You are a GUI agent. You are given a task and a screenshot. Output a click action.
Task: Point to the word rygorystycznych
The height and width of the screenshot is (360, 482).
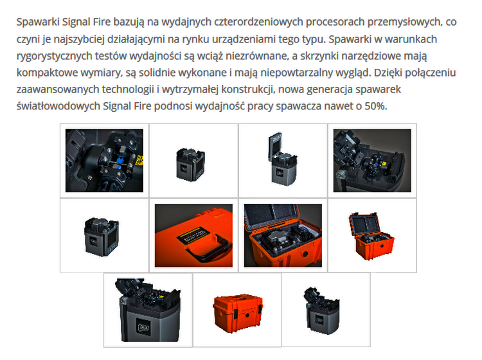click(55, 56)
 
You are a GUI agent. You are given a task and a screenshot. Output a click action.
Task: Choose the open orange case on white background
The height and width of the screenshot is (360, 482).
click(371, 236)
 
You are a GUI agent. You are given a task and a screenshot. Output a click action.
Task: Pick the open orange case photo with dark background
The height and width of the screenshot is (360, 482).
click(283, 235)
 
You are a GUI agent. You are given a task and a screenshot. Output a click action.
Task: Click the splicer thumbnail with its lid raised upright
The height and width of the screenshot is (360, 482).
click(283, 159)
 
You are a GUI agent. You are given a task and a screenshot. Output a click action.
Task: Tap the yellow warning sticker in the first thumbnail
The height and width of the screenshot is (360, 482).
click(140, 161)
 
